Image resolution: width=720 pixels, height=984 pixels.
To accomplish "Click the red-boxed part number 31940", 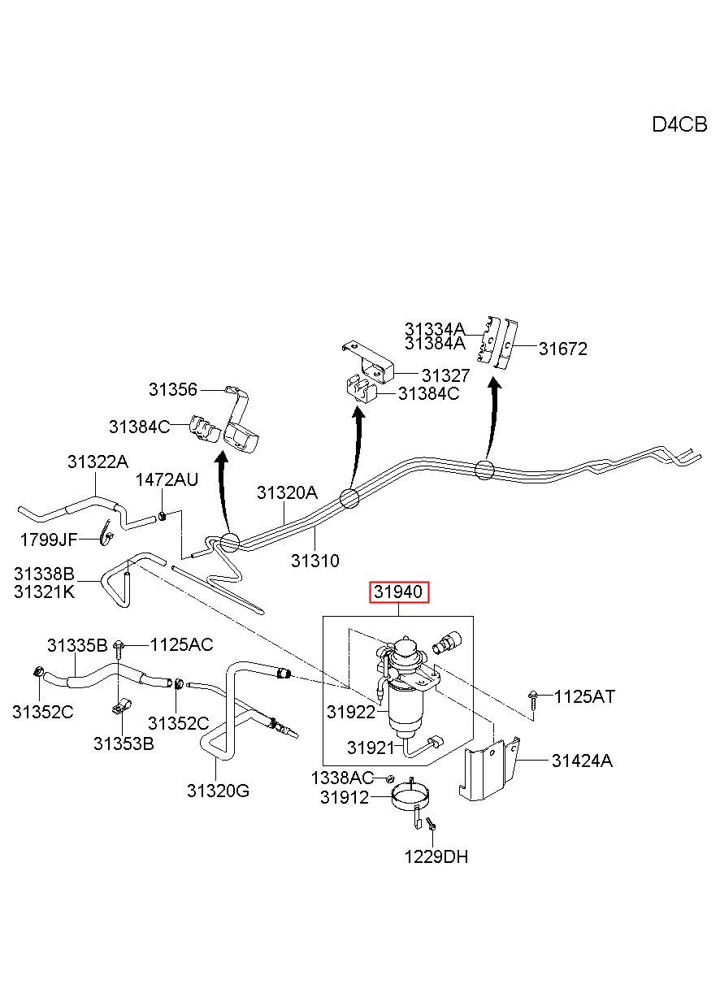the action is click(398, 592).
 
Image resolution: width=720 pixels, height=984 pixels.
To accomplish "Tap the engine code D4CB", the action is click(679, 125).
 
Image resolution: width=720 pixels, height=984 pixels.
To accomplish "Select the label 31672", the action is click(563, 349).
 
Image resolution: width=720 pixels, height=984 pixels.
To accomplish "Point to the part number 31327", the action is click(446, 375).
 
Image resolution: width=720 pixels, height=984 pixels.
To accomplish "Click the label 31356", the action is click(173, 389).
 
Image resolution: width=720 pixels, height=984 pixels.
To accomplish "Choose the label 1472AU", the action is click(167, 479).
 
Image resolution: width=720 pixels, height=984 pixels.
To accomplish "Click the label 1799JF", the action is click(49, 540).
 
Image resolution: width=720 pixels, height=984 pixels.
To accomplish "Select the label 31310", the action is click(315, 561).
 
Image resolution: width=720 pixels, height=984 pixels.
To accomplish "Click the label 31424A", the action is click(582, 761).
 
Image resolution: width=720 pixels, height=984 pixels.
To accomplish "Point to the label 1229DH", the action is click(436, 856).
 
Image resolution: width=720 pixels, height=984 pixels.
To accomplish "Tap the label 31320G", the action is click(219, 791).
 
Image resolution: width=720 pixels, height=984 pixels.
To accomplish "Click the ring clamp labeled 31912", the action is click(410, 800).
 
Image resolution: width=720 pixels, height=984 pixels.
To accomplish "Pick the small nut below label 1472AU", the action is click(162, 515).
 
